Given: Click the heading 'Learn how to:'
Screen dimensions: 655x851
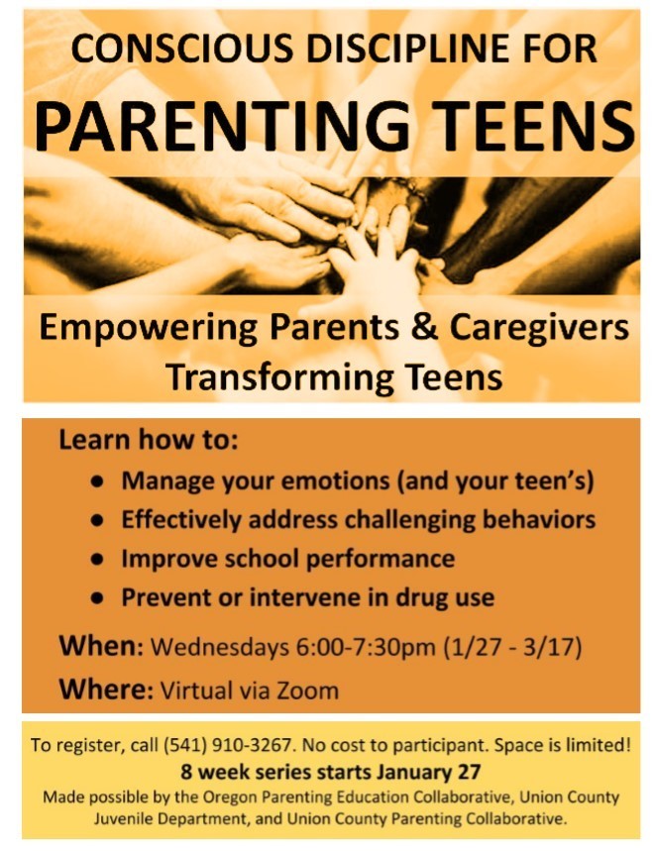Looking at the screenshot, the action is [149, 440].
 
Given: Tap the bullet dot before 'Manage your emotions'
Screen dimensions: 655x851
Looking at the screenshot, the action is [98, 480].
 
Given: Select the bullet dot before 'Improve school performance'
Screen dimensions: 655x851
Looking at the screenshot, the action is [98, 559].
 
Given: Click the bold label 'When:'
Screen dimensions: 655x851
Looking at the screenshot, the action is [101, 646].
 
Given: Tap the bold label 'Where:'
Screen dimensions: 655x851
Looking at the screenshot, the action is [106, 690].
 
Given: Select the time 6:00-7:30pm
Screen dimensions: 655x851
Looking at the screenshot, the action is [366, 647].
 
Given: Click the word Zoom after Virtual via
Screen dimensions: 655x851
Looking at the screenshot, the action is [308, 691].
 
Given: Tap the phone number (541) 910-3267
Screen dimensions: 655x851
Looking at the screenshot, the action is [228, 745].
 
